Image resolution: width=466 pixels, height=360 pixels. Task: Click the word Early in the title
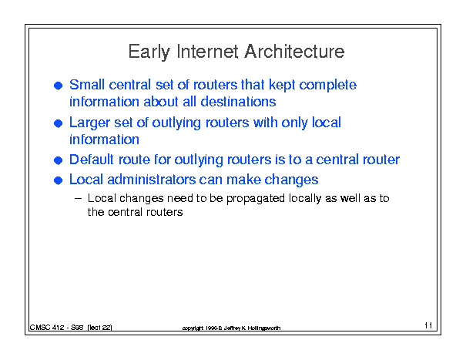click(149, 52)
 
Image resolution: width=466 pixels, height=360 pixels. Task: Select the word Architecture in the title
click(294, 51)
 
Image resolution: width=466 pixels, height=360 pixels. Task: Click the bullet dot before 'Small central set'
click(59, 86)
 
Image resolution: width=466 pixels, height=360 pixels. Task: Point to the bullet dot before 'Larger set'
click(59, 123)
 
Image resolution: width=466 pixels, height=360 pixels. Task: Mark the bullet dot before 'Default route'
click(59, 160)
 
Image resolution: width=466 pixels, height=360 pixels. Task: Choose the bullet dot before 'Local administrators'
click(59, 180)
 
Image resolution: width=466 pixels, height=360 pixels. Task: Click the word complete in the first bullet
click(327, 86)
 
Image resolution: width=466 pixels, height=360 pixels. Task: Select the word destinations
click(238, 102)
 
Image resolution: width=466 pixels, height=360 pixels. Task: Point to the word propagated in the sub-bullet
click(256, 199)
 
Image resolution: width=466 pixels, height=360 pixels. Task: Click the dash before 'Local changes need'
click(78, 198)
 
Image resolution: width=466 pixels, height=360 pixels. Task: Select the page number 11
click(428, 325)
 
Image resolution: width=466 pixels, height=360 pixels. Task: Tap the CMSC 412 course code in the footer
click(47, 328)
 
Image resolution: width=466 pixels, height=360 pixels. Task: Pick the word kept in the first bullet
click(281, 86)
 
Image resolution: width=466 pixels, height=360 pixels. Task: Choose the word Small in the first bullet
click(87, 85)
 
